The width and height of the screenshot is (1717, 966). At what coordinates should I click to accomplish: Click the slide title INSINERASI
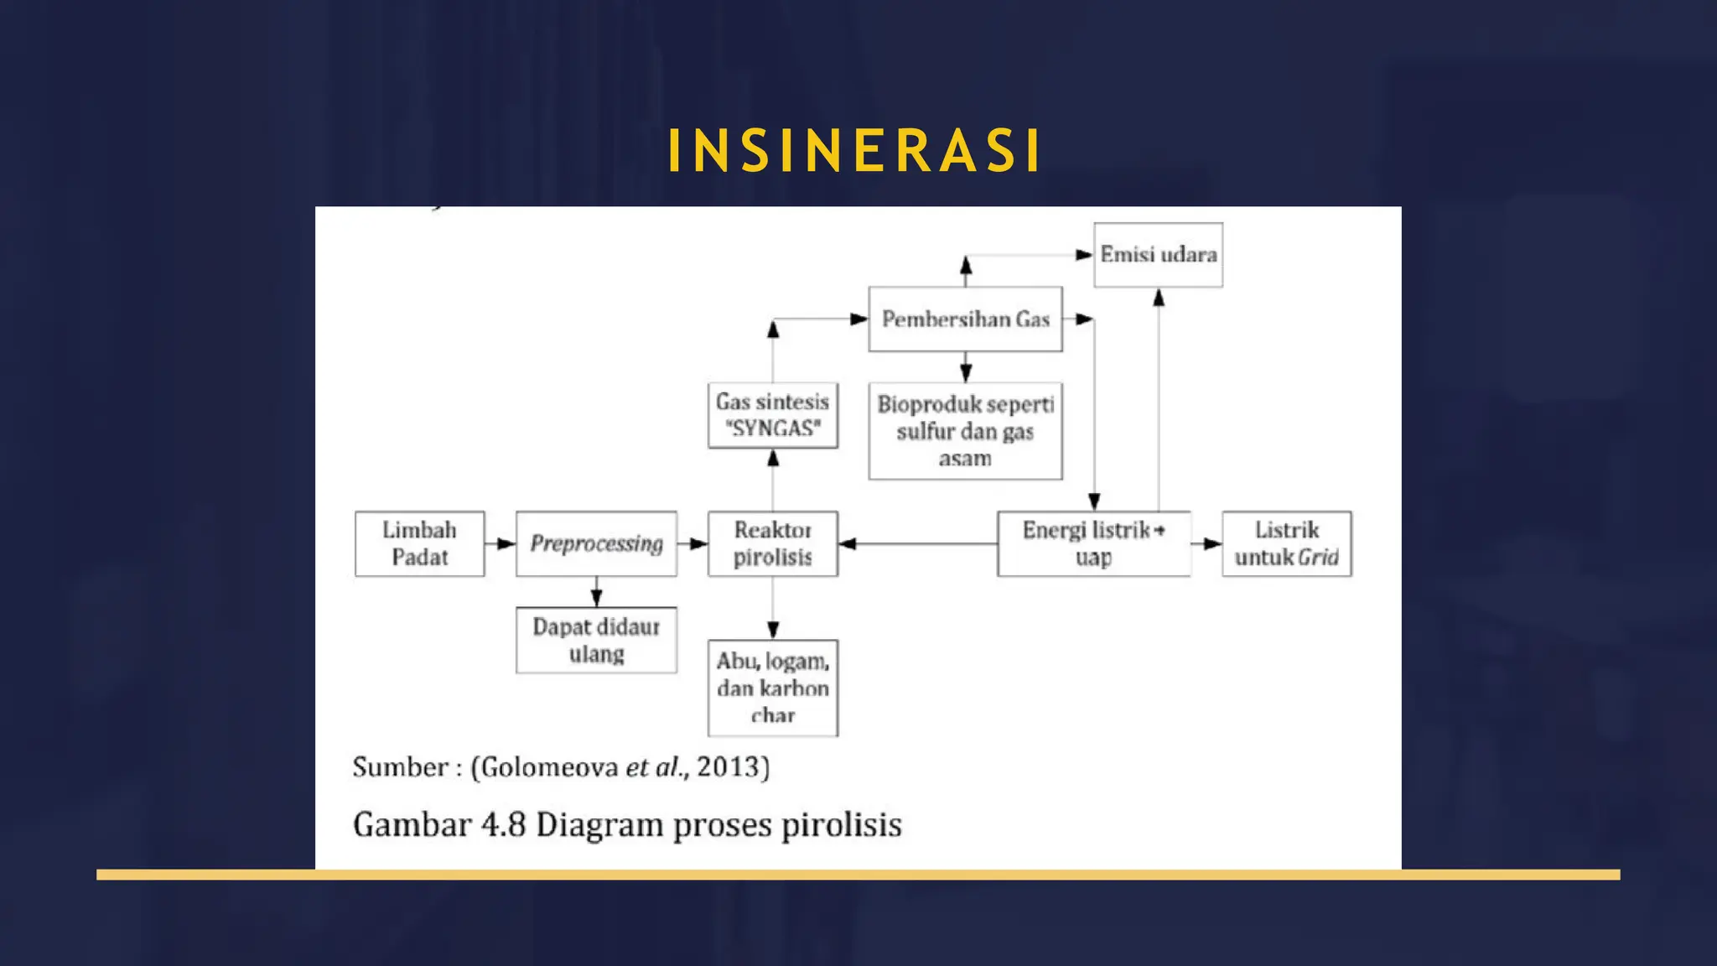[855, 151]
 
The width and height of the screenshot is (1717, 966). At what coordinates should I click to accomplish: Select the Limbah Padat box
[419, 543]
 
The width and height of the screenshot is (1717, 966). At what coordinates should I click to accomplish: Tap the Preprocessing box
[596, 543]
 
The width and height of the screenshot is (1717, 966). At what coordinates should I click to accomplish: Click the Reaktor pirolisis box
[772, 543]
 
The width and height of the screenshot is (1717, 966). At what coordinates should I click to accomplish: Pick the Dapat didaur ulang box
[596, 640]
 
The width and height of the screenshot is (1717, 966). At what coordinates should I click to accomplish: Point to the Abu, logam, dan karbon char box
[772, 688]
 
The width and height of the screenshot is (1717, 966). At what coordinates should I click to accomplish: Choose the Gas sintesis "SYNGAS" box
[772, 415]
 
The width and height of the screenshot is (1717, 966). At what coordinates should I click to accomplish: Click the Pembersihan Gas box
[965, 319]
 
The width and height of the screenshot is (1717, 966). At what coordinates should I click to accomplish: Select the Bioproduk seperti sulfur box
[965, 431]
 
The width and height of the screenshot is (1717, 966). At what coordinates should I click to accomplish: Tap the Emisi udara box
[1158, 254]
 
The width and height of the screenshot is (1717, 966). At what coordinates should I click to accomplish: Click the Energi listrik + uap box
[1093, 543]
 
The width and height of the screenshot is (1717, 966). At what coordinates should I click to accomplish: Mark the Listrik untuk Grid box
[1286, 543]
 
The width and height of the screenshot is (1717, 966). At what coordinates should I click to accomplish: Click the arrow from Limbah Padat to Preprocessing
[501, 543]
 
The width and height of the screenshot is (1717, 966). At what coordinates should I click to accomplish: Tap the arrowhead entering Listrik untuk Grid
[1211, 543]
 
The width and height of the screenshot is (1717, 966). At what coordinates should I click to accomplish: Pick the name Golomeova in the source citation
[549, 766]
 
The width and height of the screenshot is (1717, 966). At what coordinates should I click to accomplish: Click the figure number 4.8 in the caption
[503, 824]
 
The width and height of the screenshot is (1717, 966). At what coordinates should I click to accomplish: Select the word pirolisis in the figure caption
[842, 824]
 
